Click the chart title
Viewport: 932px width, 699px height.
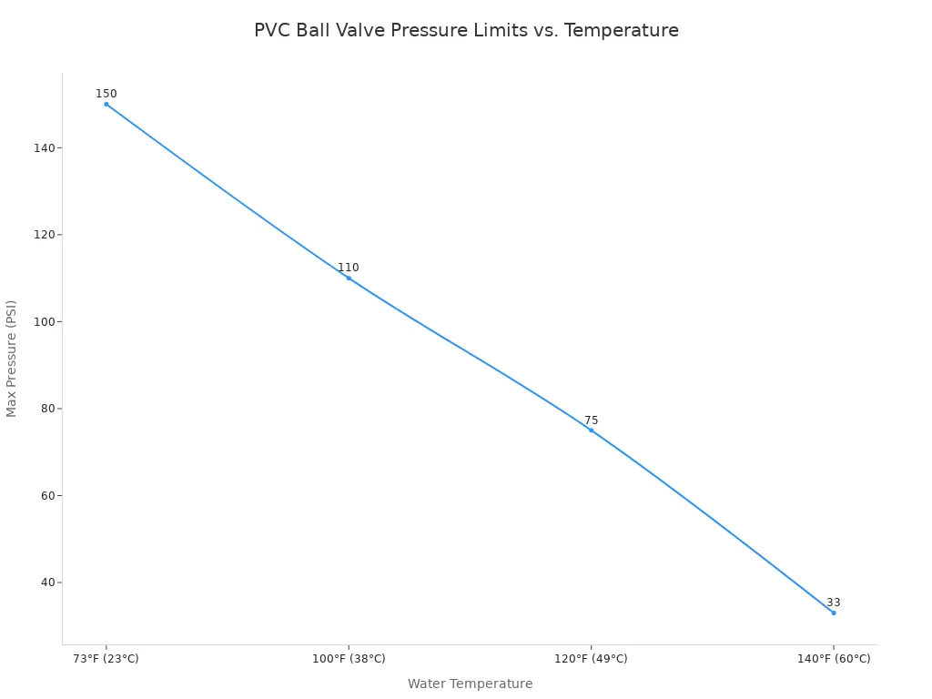coord(466,30)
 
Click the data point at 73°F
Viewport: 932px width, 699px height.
coord(106,104)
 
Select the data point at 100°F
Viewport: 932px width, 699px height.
coord(349,278)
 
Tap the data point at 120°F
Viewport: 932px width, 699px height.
coord(591,430)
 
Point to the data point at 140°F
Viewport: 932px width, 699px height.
coord(833,613)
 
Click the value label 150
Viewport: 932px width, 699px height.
coord(106,94)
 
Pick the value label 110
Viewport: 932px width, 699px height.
coord(349,268)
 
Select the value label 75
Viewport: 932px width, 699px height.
coord(592,420)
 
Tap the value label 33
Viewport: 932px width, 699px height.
coord(834,603)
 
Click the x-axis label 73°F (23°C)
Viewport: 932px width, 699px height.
coord(106,659)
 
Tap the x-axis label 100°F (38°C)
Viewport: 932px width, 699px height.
coord(349,659)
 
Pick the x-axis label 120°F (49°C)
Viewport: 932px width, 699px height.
coord(591,659)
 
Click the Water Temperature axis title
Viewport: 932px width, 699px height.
coord(470,684)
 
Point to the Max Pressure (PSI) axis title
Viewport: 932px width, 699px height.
coord(12,359)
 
